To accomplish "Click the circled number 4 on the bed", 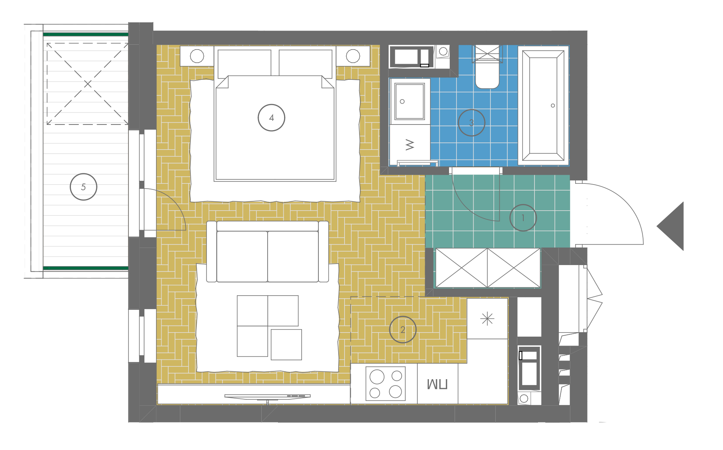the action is click(271, 118).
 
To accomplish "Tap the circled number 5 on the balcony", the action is click(83, 187).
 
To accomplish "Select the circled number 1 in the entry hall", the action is click(523, 218).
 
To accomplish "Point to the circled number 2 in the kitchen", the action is click(402, 330).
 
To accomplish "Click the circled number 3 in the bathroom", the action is click(471, 123).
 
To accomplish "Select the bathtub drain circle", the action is click(553, 106).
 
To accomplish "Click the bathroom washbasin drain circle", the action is click(402, 101).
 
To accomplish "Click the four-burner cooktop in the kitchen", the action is click(386, 384).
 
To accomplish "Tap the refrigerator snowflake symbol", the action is click(487, 319).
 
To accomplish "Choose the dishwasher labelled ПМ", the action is click(437, 384).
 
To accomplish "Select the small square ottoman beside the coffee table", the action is click(286, 344).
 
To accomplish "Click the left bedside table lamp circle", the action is click(197, 56).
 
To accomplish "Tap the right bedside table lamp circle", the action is click(353, 56).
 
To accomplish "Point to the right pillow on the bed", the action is click(306, 63).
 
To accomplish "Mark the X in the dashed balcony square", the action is click(88, 84).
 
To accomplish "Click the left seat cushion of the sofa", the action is click(242, 257).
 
